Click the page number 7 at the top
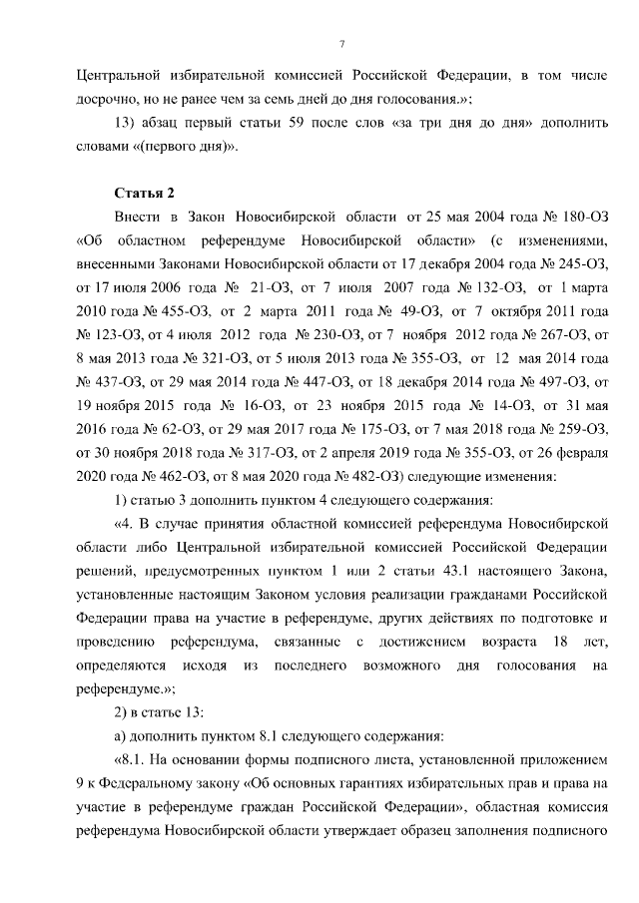click(341, 44)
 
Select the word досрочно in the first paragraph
click(107, 99)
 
